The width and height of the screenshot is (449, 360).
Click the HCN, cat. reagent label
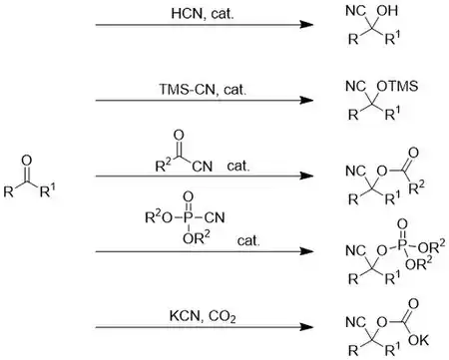click(x=203, y=14)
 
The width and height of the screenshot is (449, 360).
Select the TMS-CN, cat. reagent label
click(x=203, y=90)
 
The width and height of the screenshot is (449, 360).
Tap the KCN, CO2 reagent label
click(x=203, y=316)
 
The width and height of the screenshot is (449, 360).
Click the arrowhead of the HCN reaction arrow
click(x=306, y=25)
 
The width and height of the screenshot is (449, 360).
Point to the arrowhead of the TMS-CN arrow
click(x=306, y=100)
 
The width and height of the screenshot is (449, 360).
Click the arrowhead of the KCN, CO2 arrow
click(x=306, y=327)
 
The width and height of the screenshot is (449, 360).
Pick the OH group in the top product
click(x=387, y=11)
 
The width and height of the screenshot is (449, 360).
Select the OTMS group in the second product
click(x=397, y=87)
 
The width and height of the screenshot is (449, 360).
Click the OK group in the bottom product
click(x=418, y=340)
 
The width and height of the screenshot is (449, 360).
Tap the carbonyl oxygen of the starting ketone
click(x=27, y=161)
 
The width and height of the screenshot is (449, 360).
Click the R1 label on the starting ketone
click(x=48, y=190)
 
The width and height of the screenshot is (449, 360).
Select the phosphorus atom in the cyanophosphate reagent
click(x=189, y=217)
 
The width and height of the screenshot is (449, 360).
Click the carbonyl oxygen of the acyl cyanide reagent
click(x=179, y=136)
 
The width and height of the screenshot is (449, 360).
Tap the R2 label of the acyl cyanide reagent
click(x=164, y=165)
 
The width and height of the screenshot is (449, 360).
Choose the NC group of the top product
click(x=355, y=11)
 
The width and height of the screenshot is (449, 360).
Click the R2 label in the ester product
click(x=416, y=187)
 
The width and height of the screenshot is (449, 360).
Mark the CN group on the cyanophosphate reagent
click(x=215, y=217)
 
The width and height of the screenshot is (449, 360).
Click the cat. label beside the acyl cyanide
click(x=238, y=166)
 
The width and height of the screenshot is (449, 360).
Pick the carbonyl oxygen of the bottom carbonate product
click(x=413, y=303)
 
